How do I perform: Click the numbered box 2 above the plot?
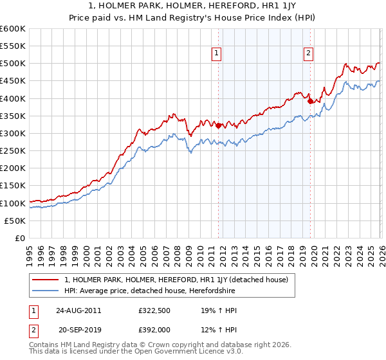tap(309, 53)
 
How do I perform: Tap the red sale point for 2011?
tap(219, 125)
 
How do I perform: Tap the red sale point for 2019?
tap(310, 101)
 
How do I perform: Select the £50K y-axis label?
tap(15, 221)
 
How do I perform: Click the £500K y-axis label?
tap(13, 64)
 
